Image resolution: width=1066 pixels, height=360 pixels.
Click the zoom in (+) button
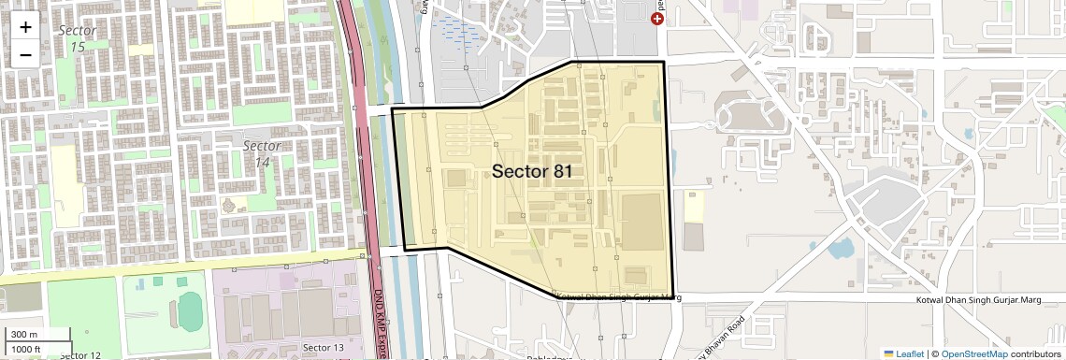25,27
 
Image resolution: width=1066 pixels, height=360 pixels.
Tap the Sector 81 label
531,171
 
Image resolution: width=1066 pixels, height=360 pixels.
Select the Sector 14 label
261,153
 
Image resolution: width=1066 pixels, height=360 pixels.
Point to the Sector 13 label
323,348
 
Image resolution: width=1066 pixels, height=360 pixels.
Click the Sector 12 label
79,354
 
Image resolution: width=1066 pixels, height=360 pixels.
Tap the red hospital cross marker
657,19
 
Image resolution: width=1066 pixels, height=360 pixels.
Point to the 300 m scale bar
37,335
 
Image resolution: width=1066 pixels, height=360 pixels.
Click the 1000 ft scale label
26,349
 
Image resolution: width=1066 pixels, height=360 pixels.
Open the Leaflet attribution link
903,353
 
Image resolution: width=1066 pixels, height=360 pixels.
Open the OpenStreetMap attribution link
973,353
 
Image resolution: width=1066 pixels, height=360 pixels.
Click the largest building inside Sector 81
641,222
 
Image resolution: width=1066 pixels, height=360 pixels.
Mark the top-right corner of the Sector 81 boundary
664,63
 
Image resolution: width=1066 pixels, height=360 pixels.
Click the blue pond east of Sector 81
840,248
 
